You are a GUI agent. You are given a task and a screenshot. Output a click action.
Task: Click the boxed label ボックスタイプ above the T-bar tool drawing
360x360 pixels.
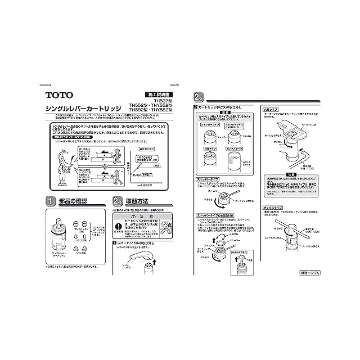pyautogui.click(x=271, y=208)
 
